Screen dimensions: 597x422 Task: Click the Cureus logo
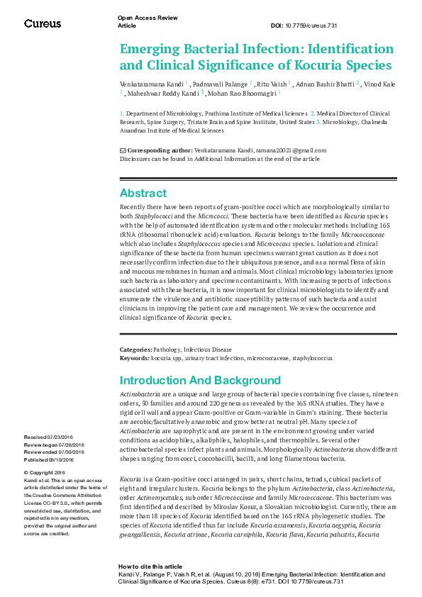pos(42,24)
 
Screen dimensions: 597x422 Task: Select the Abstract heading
pos(143,193)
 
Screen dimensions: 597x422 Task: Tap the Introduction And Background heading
pos(200,380)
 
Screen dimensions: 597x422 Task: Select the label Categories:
pos(135,350)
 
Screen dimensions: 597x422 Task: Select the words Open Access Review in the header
pos(147,17)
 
